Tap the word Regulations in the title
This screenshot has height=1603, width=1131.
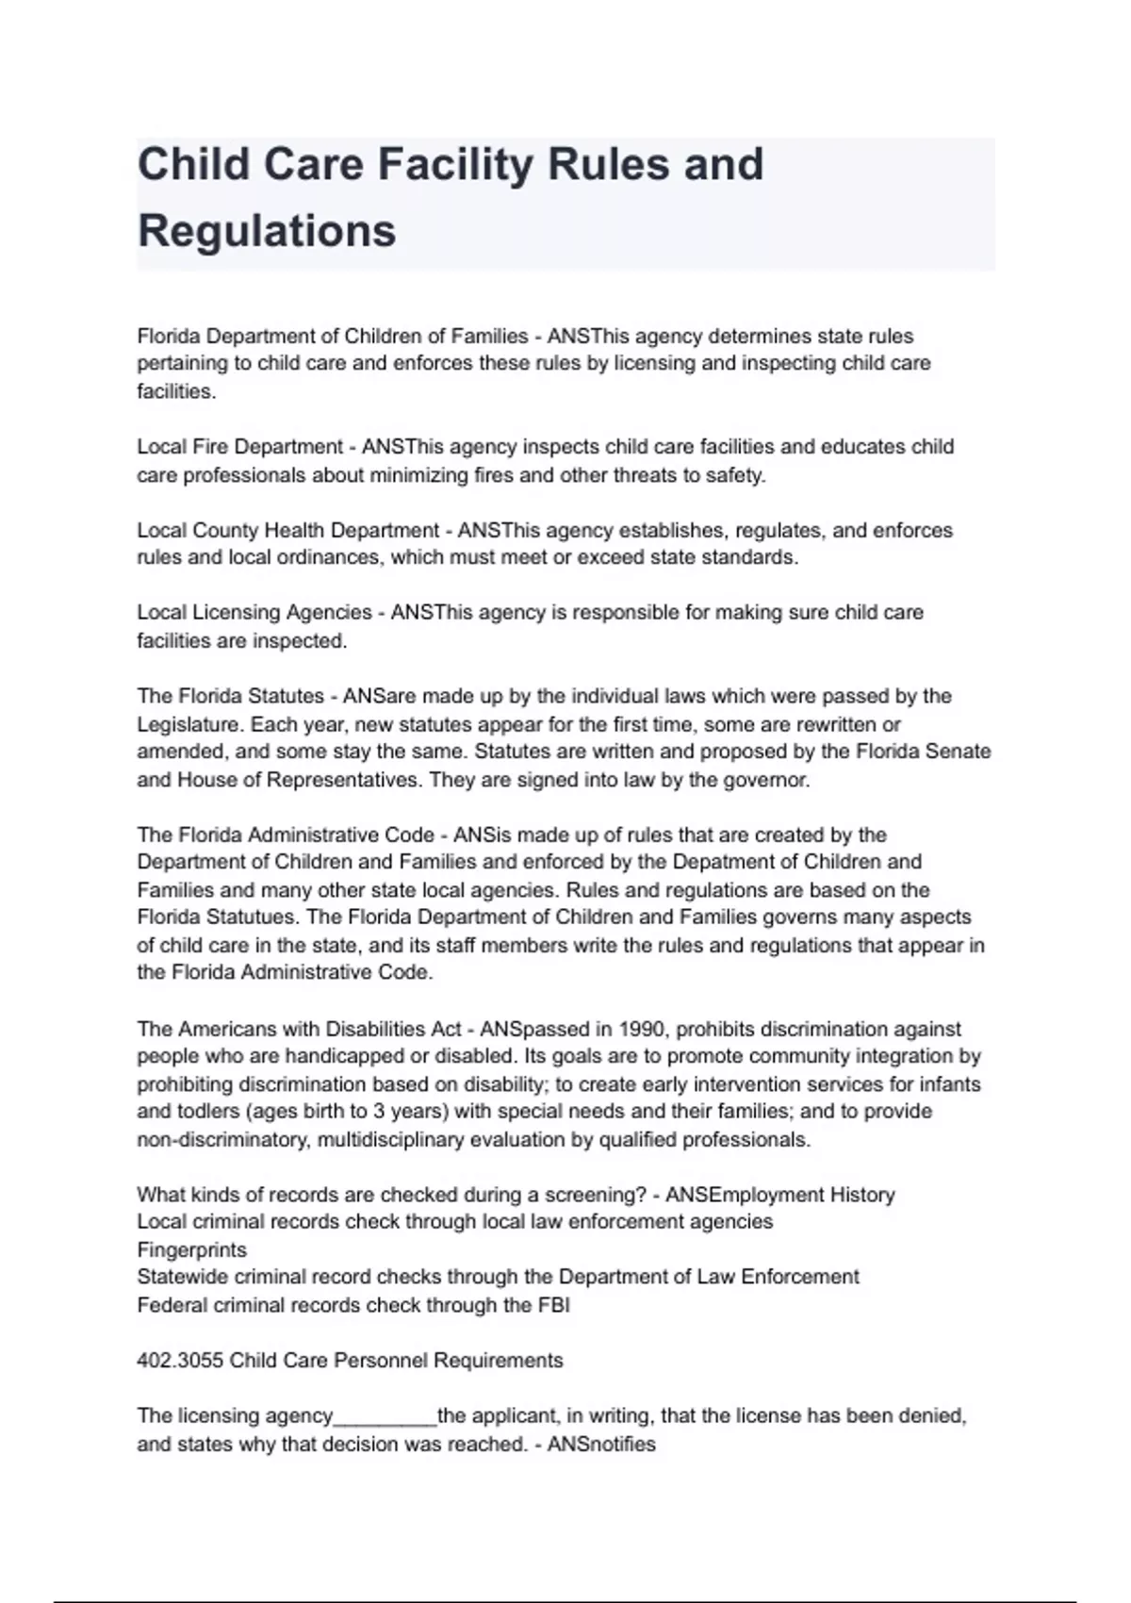[267, 231]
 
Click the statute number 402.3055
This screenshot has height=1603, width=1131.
[180, 1361]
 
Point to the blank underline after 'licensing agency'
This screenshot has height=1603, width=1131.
[385, 1416]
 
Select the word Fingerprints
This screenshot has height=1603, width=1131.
[191, 1250]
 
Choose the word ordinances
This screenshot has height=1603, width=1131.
[330, 557]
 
